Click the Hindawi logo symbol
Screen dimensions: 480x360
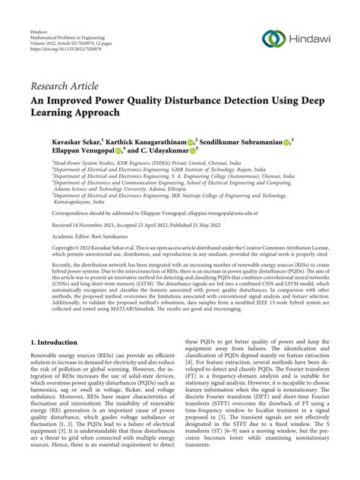pyautogui.click(x=274, y=38)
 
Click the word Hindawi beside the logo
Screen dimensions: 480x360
pyautogui.click(x=312, y=39)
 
